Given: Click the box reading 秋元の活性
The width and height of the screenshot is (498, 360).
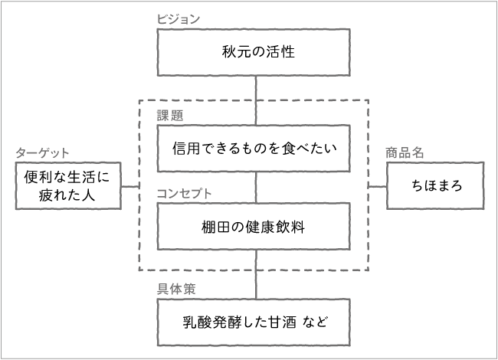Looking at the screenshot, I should [x=256, y=53].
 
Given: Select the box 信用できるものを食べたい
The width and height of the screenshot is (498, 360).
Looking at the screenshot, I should [x=256, y=149].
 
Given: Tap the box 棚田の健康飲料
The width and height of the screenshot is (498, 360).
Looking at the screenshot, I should [x=256, y=226].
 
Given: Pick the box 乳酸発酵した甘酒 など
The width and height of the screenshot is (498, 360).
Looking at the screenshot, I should [x=256, y=322].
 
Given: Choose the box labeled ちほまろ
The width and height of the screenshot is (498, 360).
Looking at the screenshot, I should [x=435, y=186].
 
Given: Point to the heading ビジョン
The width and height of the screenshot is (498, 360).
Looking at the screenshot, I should [x=179, y=19].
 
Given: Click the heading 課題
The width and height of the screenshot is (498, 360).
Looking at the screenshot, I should [x=170, y=116].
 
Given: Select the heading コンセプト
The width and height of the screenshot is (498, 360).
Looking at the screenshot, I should [x=184, y=193].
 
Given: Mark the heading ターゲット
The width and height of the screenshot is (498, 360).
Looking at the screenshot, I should [x=42, y=152].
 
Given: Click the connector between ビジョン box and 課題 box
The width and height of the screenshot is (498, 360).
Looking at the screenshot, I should [x=256, y=100].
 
